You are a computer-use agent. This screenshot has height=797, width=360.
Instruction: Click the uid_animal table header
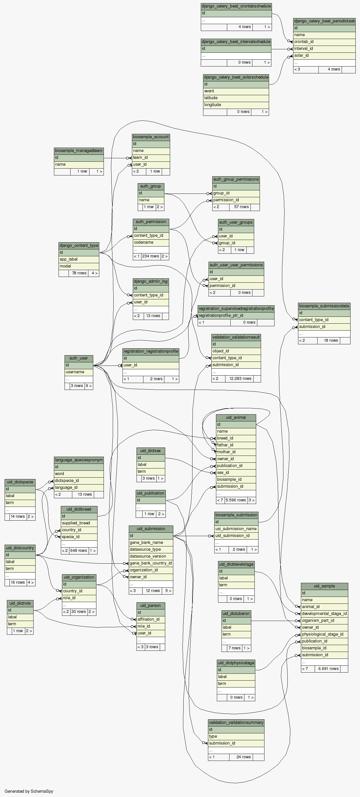[236, 417]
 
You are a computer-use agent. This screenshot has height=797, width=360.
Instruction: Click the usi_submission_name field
[236, 529]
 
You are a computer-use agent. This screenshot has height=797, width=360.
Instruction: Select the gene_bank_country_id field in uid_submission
[151, 563]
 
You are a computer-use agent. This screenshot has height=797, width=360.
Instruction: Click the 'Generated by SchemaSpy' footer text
[29, 791]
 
